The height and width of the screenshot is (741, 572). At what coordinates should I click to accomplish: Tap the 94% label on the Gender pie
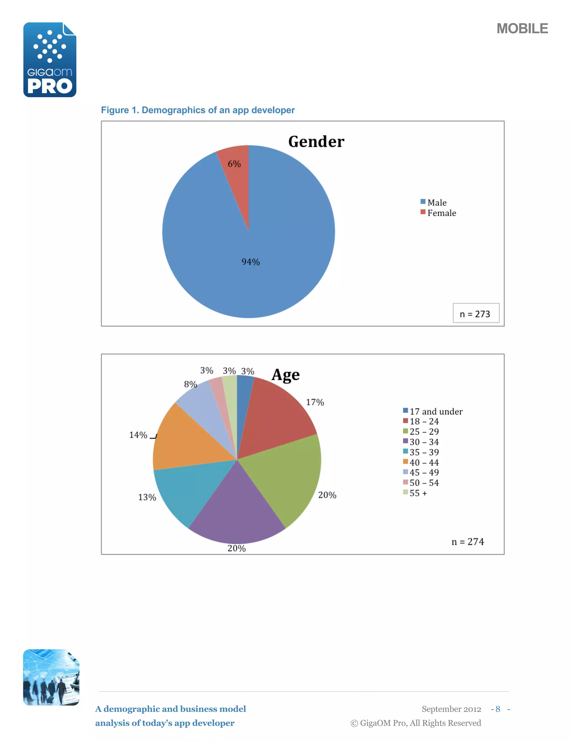(251, 262)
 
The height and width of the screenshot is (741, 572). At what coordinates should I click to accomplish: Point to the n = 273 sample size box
(475, 313)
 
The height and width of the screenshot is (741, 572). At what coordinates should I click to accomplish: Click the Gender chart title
(316, 142)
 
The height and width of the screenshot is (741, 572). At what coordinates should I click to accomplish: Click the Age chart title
(286, 375)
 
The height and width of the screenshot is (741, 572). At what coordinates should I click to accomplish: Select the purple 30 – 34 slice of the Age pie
(237, 509)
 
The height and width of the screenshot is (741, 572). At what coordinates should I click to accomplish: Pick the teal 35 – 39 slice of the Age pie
(190, 489)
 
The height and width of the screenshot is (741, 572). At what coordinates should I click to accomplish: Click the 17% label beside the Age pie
(315, 402)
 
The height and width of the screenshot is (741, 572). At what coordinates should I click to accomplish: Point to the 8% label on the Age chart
(190, 384)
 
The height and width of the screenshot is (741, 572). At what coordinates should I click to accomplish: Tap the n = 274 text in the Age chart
(468, 542)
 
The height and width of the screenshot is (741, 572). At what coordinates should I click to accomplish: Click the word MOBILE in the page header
(522, 29)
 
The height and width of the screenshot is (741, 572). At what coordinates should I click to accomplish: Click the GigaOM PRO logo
(50, 60)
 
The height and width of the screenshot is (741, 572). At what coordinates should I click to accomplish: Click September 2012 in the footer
(451, 709)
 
